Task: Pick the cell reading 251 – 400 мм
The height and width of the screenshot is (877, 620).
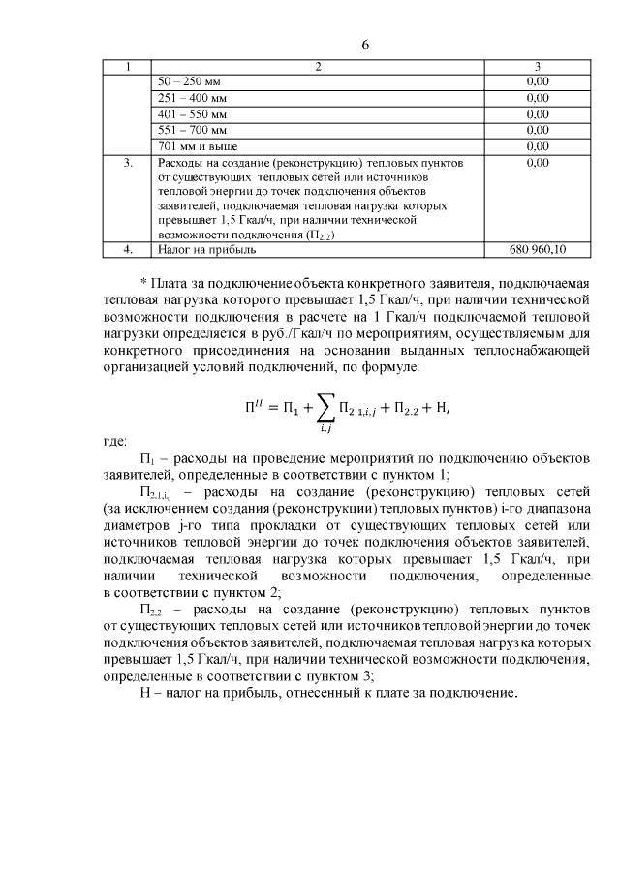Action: tap(192, 98)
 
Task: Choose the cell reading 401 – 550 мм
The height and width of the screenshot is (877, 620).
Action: tap(192, 113)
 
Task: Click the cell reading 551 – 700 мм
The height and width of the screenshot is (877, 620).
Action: tap(192, 129)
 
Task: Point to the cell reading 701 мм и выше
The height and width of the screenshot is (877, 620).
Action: tap(196, 145)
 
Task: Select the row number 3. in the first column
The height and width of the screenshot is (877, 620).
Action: tap(128, 163)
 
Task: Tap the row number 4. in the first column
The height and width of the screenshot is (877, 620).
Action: tap(128, 249)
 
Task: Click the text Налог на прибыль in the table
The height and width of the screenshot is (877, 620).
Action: tap(206, 249)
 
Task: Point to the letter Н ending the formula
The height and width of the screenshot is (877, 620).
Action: tap(444, 409)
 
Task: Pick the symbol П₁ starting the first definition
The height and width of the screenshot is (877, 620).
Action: tap(147, 458)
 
